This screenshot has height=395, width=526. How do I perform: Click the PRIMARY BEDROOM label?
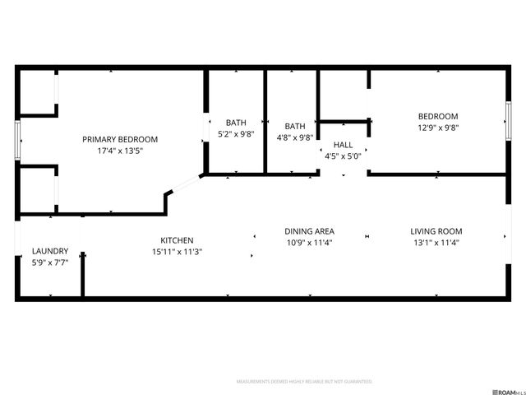point(120,139)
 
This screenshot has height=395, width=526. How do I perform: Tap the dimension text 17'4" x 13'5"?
point(120,151)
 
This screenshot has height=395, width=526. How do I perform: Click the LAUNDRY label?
point(50,251)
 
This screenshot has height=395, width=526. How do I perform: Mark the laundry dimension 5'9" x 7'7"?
point(50,263)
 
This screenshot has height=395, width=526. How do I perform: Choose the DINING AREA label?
point(309,231)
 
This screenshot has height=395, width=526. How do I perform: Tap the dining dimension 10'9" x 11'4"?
point(309,243)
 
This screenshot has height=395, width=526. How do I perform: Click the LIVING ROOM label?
point(436,231)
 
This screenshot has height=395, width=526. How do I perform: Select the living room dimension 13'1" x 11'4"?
point(436,243)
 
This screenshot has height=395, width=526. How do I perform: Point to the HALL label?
point(343,144)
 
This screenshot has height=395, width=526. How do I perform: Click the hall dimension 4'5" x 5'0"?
point(343,156)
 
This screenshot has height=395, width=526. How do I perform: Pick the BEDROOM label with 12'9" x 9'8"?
point(438,117)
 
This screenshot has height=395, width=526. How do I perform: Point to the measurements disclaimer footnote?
point(304,382)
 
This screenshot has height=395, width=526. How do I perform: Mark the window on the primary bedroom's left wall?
point(16,141)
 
